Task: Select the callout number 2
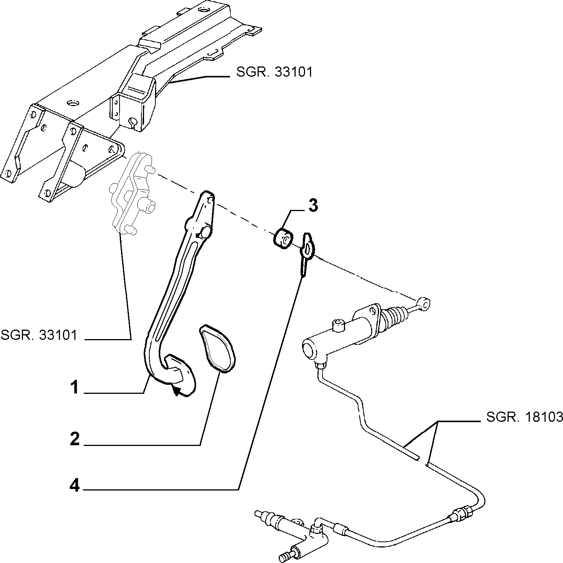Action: tap(75, 439)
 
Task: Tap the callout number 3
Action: tap(313, 206)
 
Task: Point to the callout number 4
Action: tap(75, 485)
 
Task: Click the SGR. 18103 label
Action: tap(525, 417)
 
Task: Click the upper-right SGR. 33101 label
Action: tap(275, 72)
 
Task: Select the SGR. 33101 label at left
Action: tap(38, 335)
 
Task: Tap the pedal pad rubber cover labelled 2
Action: tap(216, 348)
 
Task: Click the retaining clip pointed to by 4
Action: tap(308, 251)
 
